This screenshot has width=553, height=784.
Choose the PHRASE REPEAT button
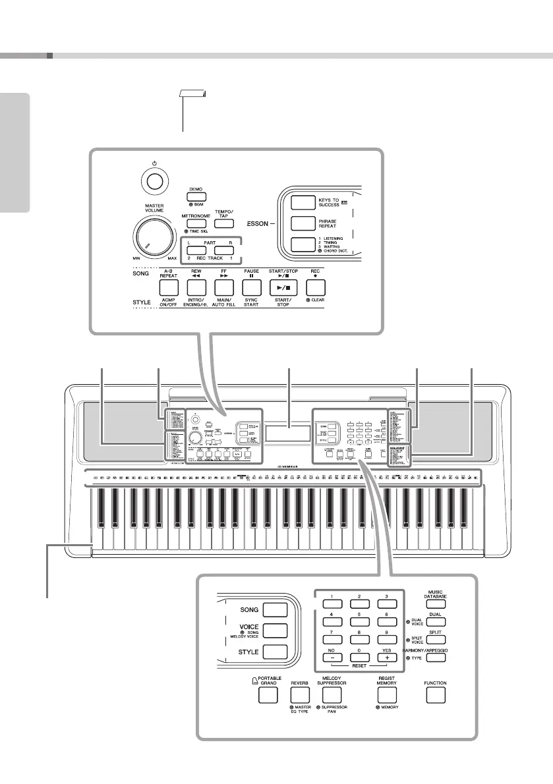pyautogui.click(x=302, y=224)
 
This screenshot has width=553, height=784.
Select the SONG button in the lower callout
pyautogui.click(x=275, y=609)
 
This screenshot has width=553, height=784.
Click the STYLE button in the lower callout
pyautogui.click(x=275, y=652)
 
